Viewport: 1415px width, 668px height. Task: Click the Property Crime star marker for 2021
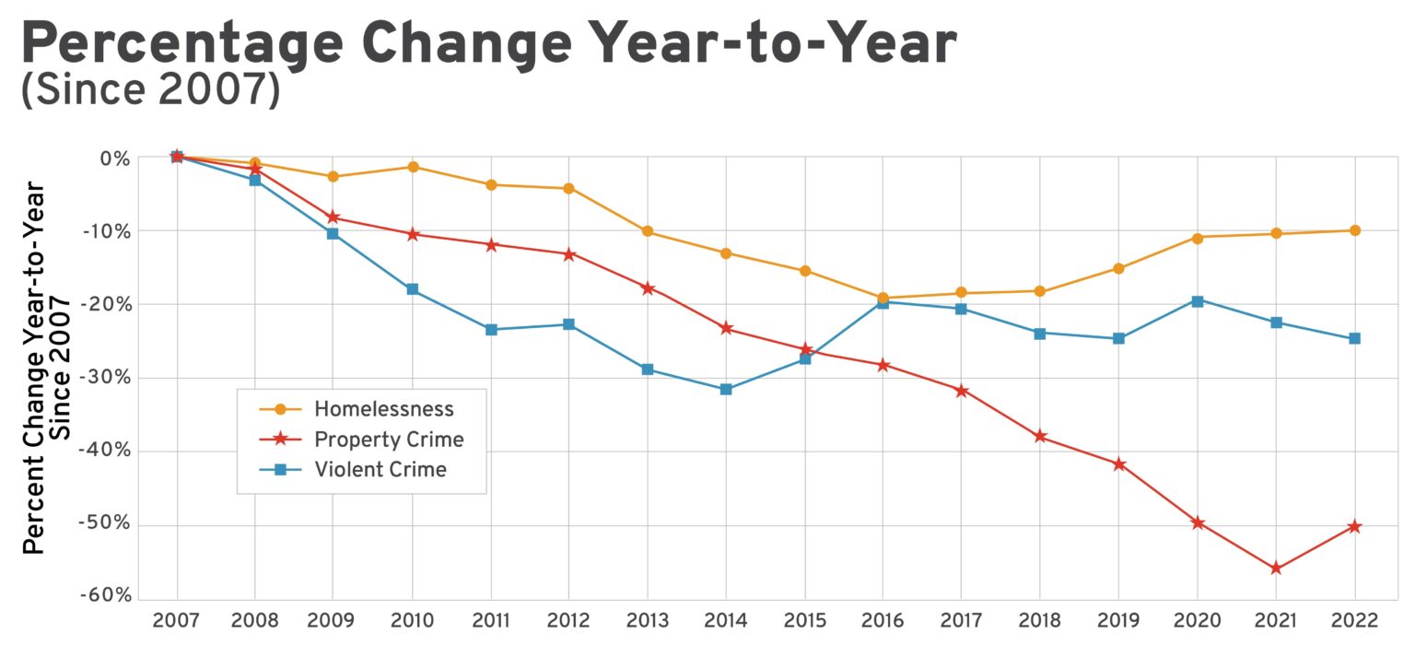(x=1276, y=568)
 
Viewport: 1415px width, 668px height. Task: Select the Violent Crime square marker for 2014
(x=726, y=389)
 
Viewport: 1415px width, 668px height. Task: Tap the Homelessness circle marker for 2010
(x=413, y=167)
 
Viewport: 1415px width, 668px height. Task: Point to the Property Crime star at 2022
(x=1354, y=526)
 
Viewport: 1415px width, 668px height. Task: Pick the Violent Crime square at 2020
(x=1198, y=301)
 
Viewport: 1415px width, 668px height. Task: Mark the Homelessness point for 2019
(x=1118, y=268)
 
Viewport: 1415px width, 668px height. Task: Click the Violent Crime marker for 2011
(x=491, y=329)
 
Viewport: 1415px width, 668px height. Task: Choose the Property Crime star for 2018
(x=1040, y=436)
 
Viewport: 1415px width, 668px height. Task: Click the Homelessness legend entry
(x=383, y=408)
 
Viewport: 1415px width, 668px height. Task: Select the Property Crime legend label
(x=388, y=439)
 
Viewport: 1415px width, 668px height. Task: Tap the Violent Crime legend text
(x=380, y=469)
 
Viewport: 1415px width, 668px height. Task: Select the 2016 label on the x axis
(x=883, y=621)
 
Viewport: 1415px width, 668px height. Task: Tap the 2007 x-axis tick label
(x=177, y=621)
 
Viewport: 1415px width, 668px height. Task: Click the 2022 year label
(x=1354, y=621)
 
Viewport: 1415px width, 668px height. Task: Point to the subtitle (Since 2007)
(x=150, y=93)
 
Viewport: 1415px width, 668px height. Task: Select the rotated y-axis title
(x=46, y=369)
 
